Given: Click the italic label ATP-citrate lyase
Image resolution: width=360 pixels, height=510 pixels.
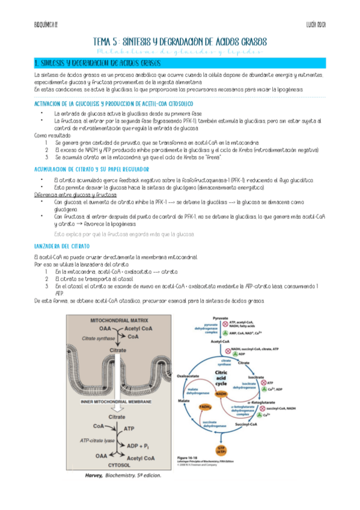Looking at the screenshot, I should [100, 440].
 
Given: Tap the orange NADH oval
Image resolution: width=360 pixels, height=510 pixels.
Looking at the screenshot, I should [239, 394].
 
